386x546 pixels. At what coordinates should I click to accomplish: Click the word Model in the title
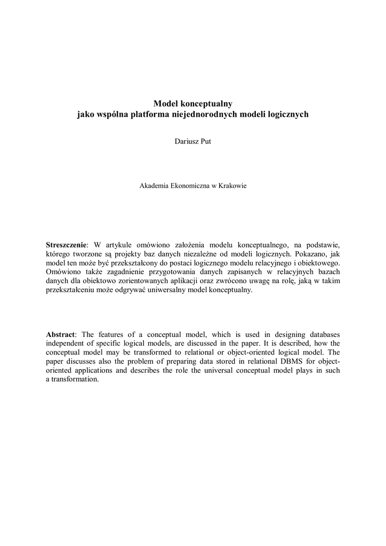point(165,103)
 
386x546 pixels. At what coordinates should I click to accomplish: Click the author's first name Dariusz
point(186,141)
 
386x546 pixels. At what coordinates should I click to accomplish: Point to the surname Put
point(205,141)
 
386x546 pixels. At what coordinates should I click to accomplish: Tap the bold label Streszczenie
point(66,245)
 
